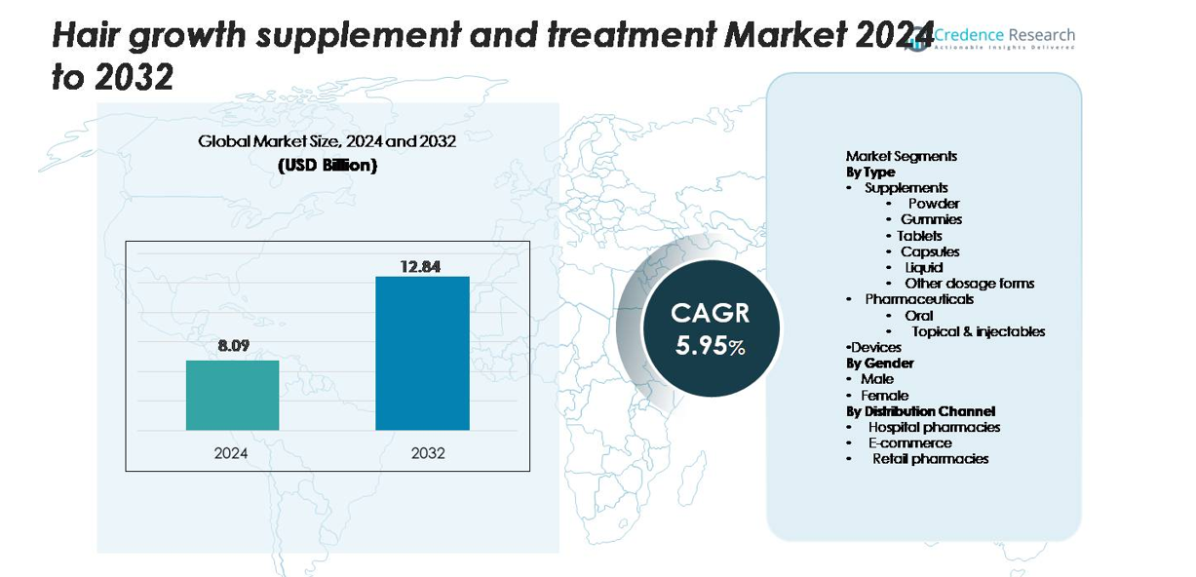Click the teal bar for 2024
232,395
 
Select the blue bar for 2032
422,353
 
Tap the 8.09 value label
232,344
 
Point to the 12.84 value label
422,265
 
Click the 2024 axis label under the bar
232,453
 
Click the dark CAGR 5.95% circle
711,328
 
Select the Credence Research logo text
1004,36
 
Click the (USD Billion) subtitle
328,166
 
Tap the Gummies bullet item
931,220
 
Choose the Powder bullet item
934,204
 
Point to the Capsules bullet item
930,251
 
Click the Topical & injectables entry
979,331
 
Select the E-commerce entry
909,442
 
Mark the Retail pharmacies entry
930,458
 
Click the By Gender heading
880,363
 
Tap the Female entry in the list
884,396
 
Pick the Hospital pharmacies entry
934,427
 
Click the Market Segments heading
902,156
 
